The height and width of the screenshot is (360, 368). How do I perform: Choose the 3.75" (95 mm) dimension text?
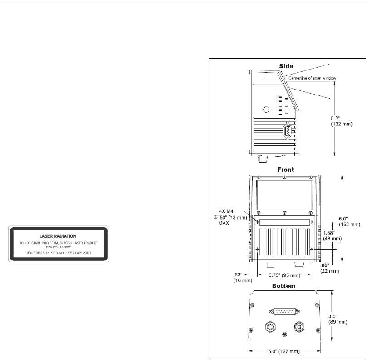click(x=284, y=275)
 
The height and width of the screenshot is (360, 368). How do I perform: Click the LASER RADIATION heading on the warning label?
click(x=60, y=236)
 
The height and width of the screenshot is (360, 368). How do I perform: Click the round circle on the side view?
click(x=267, y=109)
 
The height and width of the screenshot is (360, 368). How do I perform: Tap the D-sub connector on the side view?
click(x=287, y=130)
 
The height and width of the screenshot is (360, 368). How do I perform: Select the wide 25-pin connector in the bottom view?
click(x=284, y=311)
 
